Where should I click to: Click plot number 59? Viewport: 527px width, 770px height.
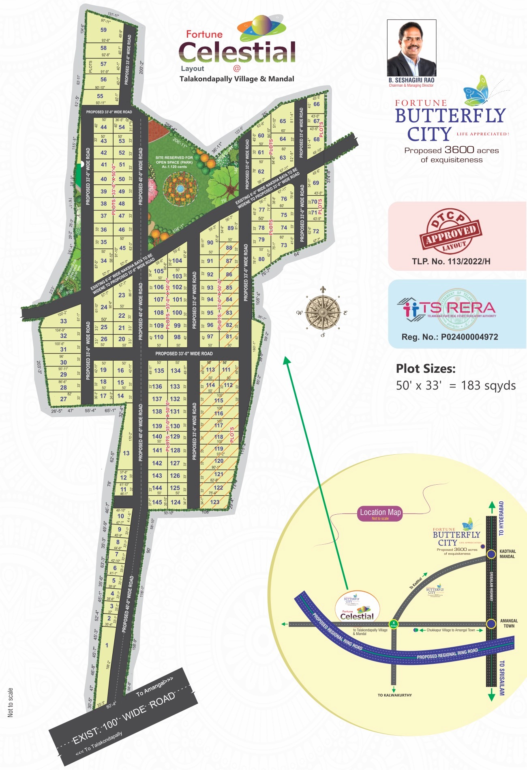[x=104, y=30]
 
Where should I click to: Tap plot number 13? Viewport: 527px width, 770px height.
[x=126, y=453]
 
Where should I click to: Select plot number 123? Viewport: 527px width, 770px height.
[x=215, y=502]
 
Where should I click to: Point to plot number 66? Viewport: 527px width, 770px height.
[x=317, y=104]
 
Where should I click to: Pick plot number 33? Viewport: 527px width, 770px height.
[x=64, y=321]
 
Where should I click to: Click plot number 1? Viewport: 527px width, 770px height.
[x=107, y=645]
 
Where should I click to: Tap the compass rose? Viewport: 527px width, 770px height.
[x=323, y=312]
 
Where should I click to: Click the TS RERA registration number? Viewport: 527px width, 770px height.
[x=450, y=337]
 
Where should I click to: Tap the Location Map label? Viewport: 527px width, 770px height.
[x=380, y=513]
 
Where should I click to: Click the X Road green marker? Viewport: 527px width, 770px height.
[x=393, y=624]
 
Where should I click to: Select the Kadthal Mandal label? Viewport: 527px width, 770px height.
[x=508, y=554]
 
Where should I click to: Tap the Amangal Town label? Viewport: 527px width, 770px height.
[x=509, y=623]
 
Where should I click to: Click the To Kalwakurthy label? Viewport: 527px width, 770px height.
[x=394, y=695]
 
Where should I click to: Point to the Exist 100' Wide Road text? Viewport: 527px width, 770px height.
[x=124, y=717]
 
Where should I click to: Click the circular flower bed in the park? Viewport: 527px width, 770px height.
[x=180, y=188]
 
